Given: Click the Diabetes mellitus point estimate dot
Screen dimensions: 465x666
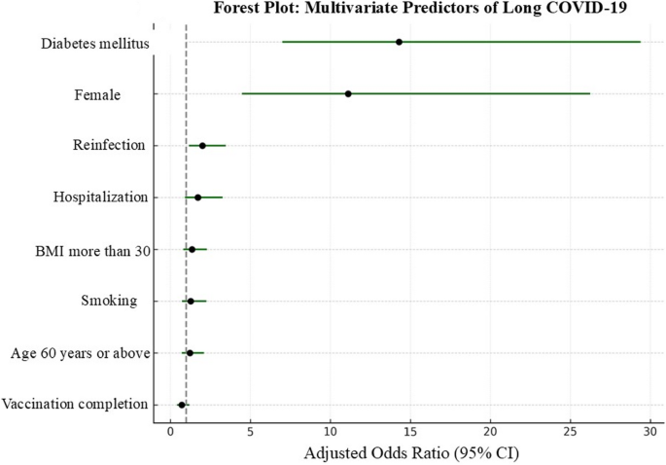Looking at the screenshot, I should click(399, 42).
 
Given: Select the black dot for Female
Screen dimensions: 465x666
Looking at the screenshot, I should click(348, 94).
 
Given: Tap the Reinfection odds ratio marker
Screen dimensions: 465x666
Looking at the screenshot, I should click(202, 146).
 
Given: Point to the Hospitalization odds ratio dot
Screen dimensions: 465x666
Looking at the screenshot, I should click(197, 197).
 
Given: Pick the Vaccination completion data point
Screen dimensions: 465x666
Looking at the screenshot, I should click(181, 405).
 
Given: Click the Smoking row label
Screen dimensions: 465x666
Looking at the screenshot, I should click(109, 301).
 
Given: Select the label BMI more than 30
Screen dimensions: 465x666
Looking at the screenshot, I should click(91, 249).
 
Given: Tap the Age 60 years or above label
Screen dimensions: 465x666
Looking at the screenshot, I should click(80, 352).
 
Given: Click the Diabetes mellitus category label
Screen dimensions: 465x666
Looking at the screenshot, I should click(93, 44).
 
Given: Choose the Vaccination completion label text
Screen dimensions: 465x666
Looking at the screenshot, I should click(75, 404).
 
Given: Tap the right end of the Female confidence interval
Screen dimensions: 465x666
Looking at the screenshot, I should click(589, 94).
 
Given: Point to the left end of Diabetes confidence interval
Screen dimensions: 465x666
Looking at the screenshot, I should click(282, 42).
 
